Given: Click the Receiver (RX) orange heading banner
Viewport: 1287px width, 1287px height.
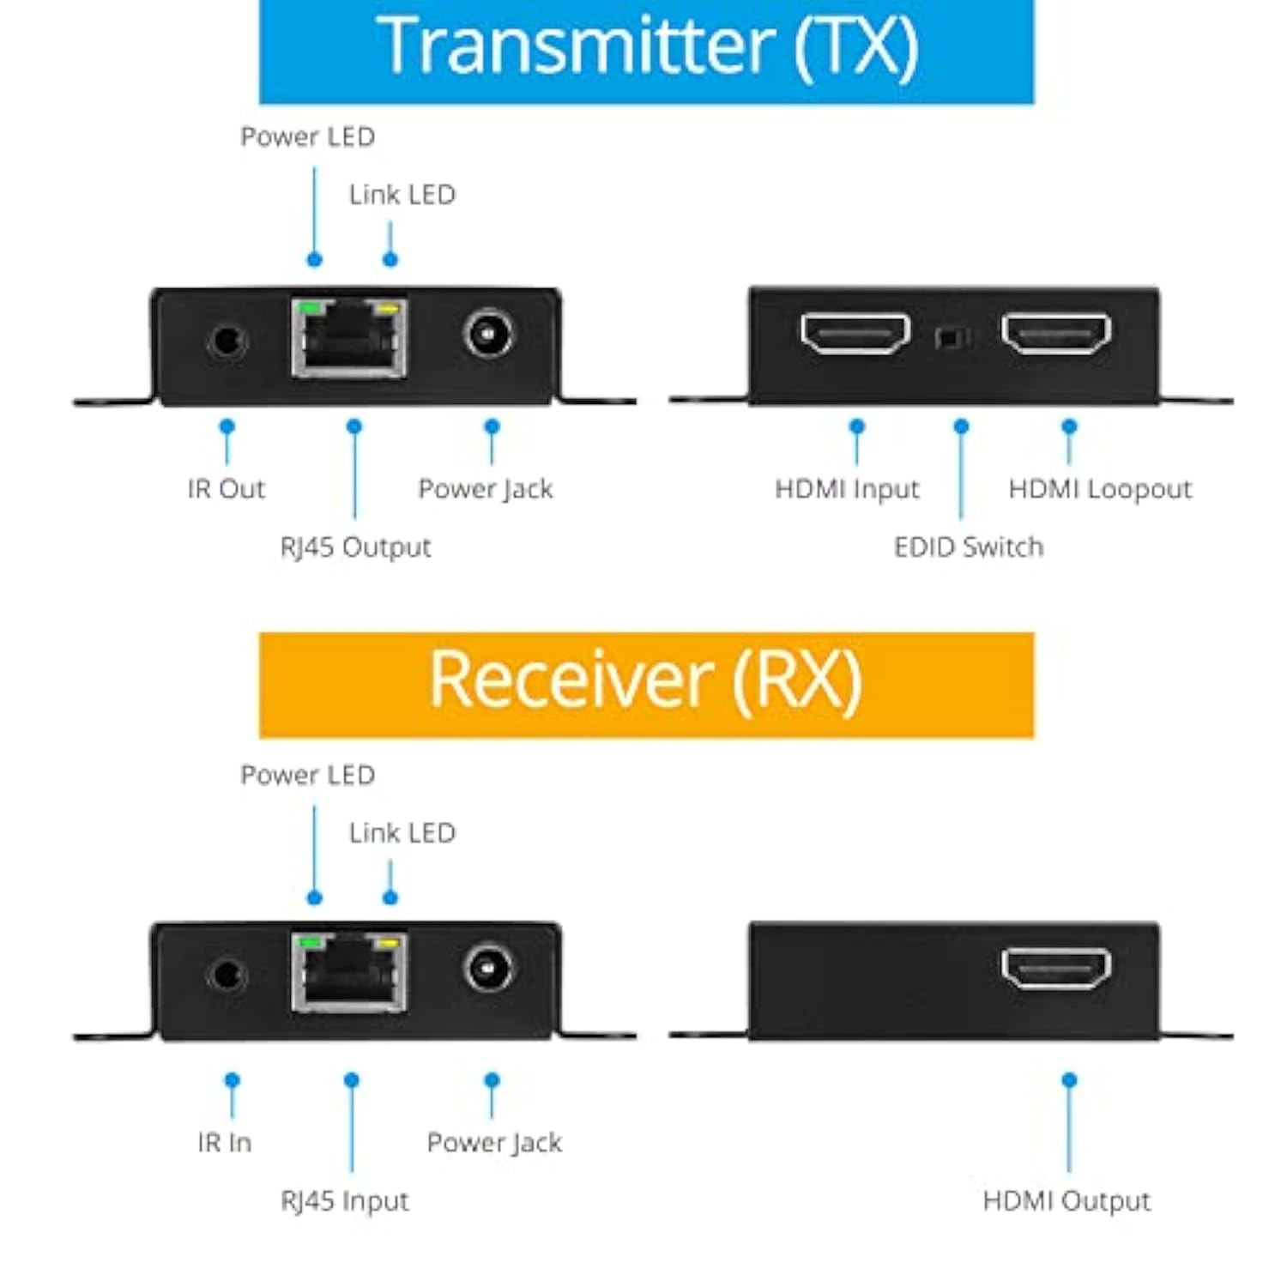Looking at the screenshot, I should pyautogui.click(x=646, y=684).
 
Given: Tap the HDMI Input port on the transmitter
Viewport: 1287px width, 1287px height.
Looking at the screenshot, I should pyautogui.click(x=855, y=334).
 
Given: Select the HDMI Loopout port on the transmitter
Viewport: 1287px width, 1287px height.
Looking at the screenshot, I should pyautogui.click(x=1056, y=334).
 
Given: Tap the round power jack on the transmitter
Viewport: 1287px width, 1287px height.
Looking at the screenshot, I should pyautogui.click(x=489, y=334).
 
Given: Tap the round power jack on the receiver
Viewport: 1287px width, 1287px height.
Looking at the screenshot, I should pyautogui.click(x=489, y=969).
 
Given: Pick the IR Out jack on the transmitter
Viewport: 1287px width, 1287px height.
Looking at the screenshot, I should pyautogui.click(x=227, y=341).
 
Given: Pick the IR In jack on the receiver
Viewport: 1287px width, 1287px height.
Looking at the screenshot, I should pyautogui.click(x=227, y=976).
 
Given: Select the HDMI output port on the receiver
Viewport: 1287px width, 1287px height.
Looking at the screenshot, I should pyautogui.click(x=1056, y=969).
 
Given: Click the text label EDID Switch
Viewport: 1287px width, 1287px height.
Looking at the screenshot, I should pyautogui.click(x=969, y=547).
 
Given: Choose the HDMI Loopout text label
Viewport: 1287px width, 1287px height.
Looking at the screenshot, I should pyautogui.click(x=1100, y=489).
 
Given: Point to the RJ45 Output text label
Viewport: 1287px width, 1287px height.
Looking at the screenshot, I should pyautogui.click(x=355, y=547).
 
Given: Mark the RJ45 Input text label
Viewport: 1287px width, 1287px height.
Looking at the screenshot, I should pyautogui.click(x=345, y=1201).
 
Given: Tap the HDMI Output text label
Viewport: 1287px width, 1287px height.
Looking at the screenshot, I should pyautogui.click(x=1066, y=1201).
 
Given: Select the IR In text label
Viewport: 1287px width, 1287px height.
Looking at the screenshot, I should pyautogui.click(x=225, y=1143).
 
